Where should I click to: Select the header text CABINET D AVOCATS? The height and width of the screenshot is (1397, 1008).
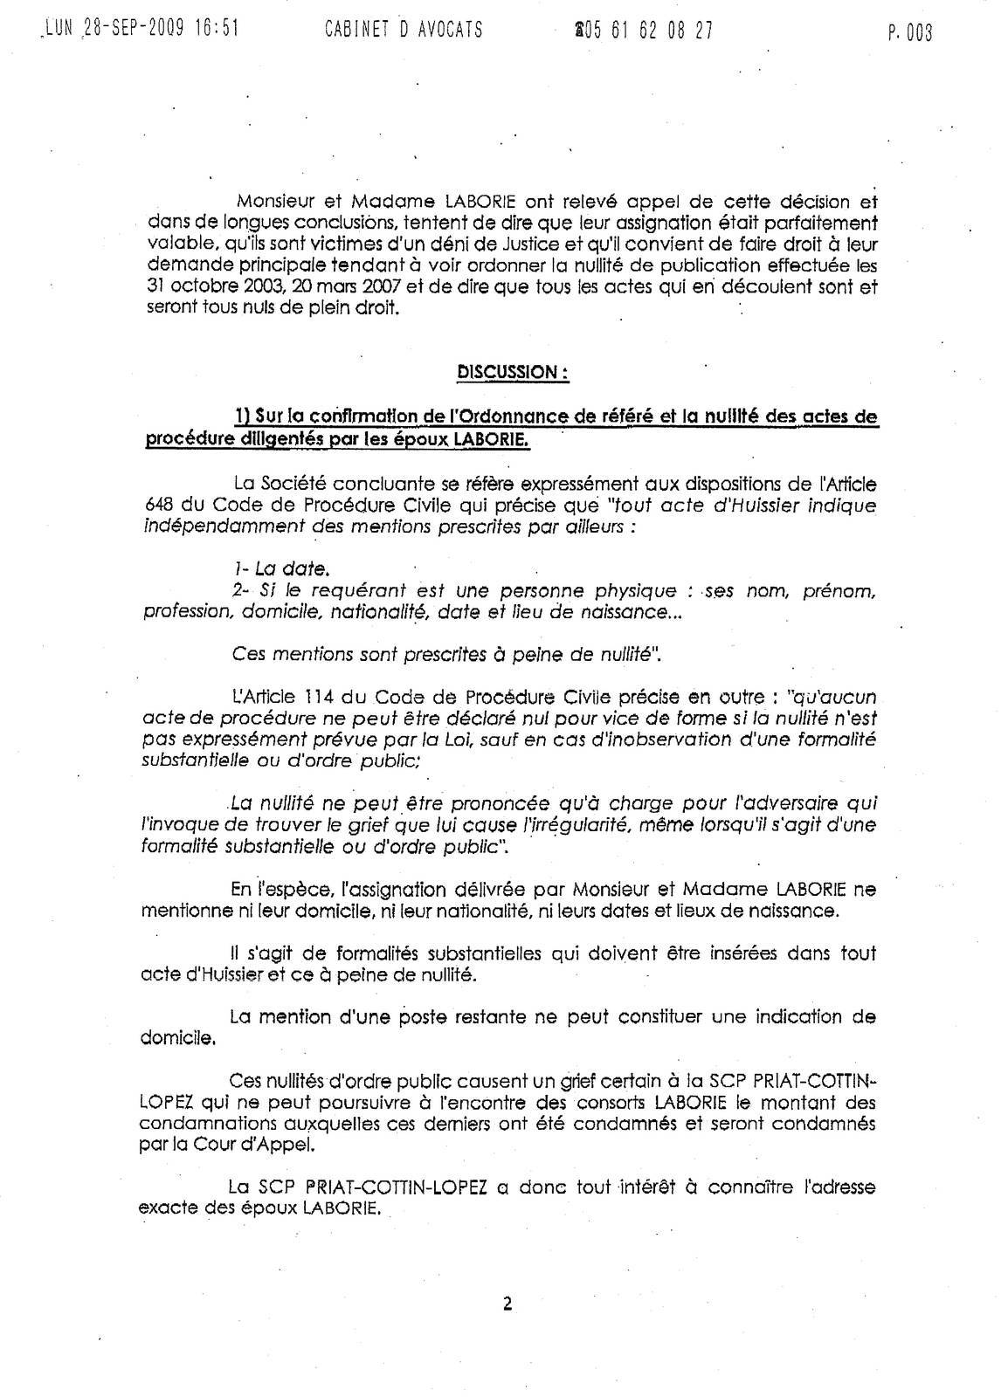403,31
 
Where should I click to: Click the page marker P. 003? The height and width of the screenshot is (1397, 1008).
909,33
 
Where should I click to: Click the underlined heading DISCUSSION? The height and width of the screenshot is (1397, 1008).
512,372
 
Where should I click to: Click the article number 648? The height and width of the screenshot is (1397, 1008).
155,506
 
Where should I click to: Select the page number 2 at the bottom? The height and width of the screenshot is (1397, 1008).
507,1304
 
